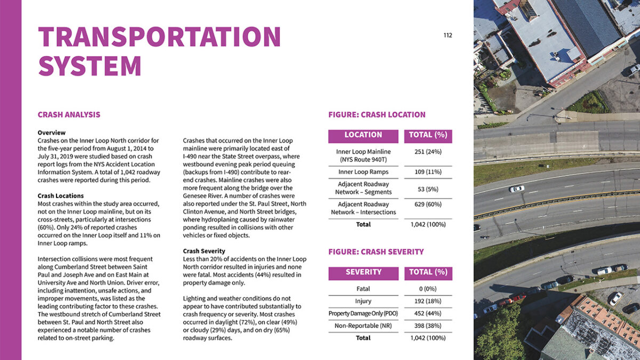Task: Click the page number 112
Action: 447,36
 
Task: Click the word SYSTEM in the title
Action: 90,66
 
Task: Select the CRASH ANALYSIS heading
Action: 69,115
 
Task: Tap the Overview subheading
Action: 51,132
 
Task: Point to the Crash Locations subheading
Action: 60,196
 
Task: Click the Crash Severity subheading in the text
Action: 204,251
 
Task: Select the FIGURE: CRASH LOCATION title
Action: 377,115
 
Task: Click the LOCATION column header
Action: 363,135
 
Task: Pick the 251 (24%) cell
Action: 428,152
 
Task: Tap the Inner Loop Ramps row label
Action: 363,172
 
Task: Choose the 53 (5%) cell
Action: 428,188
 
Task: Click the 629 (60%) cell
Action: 428,204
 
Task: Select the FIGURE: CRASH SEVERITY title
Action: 376,252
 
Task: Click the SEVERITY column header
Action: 363,273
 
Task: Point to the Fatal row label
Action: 363,289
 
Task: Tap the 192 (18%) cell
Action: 428,301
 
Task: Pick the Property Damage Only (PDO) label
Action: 363,313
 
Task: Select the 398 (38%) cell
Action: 428,325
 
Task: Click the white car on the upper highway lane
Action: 516,188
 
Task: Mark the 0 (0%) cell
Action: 428,289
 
